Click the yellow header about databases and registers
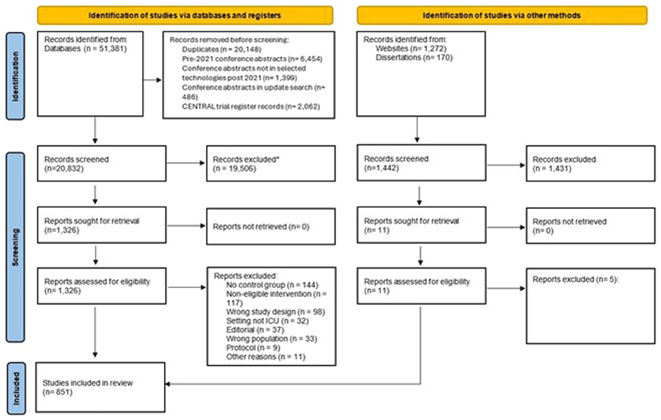tap(185, 16)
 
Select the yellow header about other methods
tap(502, 16)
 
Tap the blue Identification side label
tap(16, 76)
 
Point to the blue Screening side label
tap(16, 247)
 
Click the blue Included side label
tap(16, 388)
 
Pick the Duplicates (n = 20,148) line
tap(221, 50)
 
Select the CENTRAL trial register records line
tap(251, 106)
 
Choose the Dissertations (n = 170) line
tap(414, 58)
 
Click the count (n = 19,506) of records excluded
tap(235, 169)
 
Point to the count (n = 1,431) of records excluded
tap(552, 168)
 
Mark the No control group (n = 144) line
tap(272, 285)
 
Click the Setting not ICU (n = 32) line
tap(267, 321)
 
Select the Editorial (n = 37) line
tap(255, 330)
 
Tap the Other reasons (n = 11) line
tap(266, 357)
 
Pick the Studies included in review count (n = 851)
tap(58, 392)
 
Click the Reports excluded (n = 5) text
tap(576, 279)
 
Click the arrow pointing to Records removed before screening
tap(153, 79)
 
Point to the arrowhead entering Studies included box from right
tap(167, 384)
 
